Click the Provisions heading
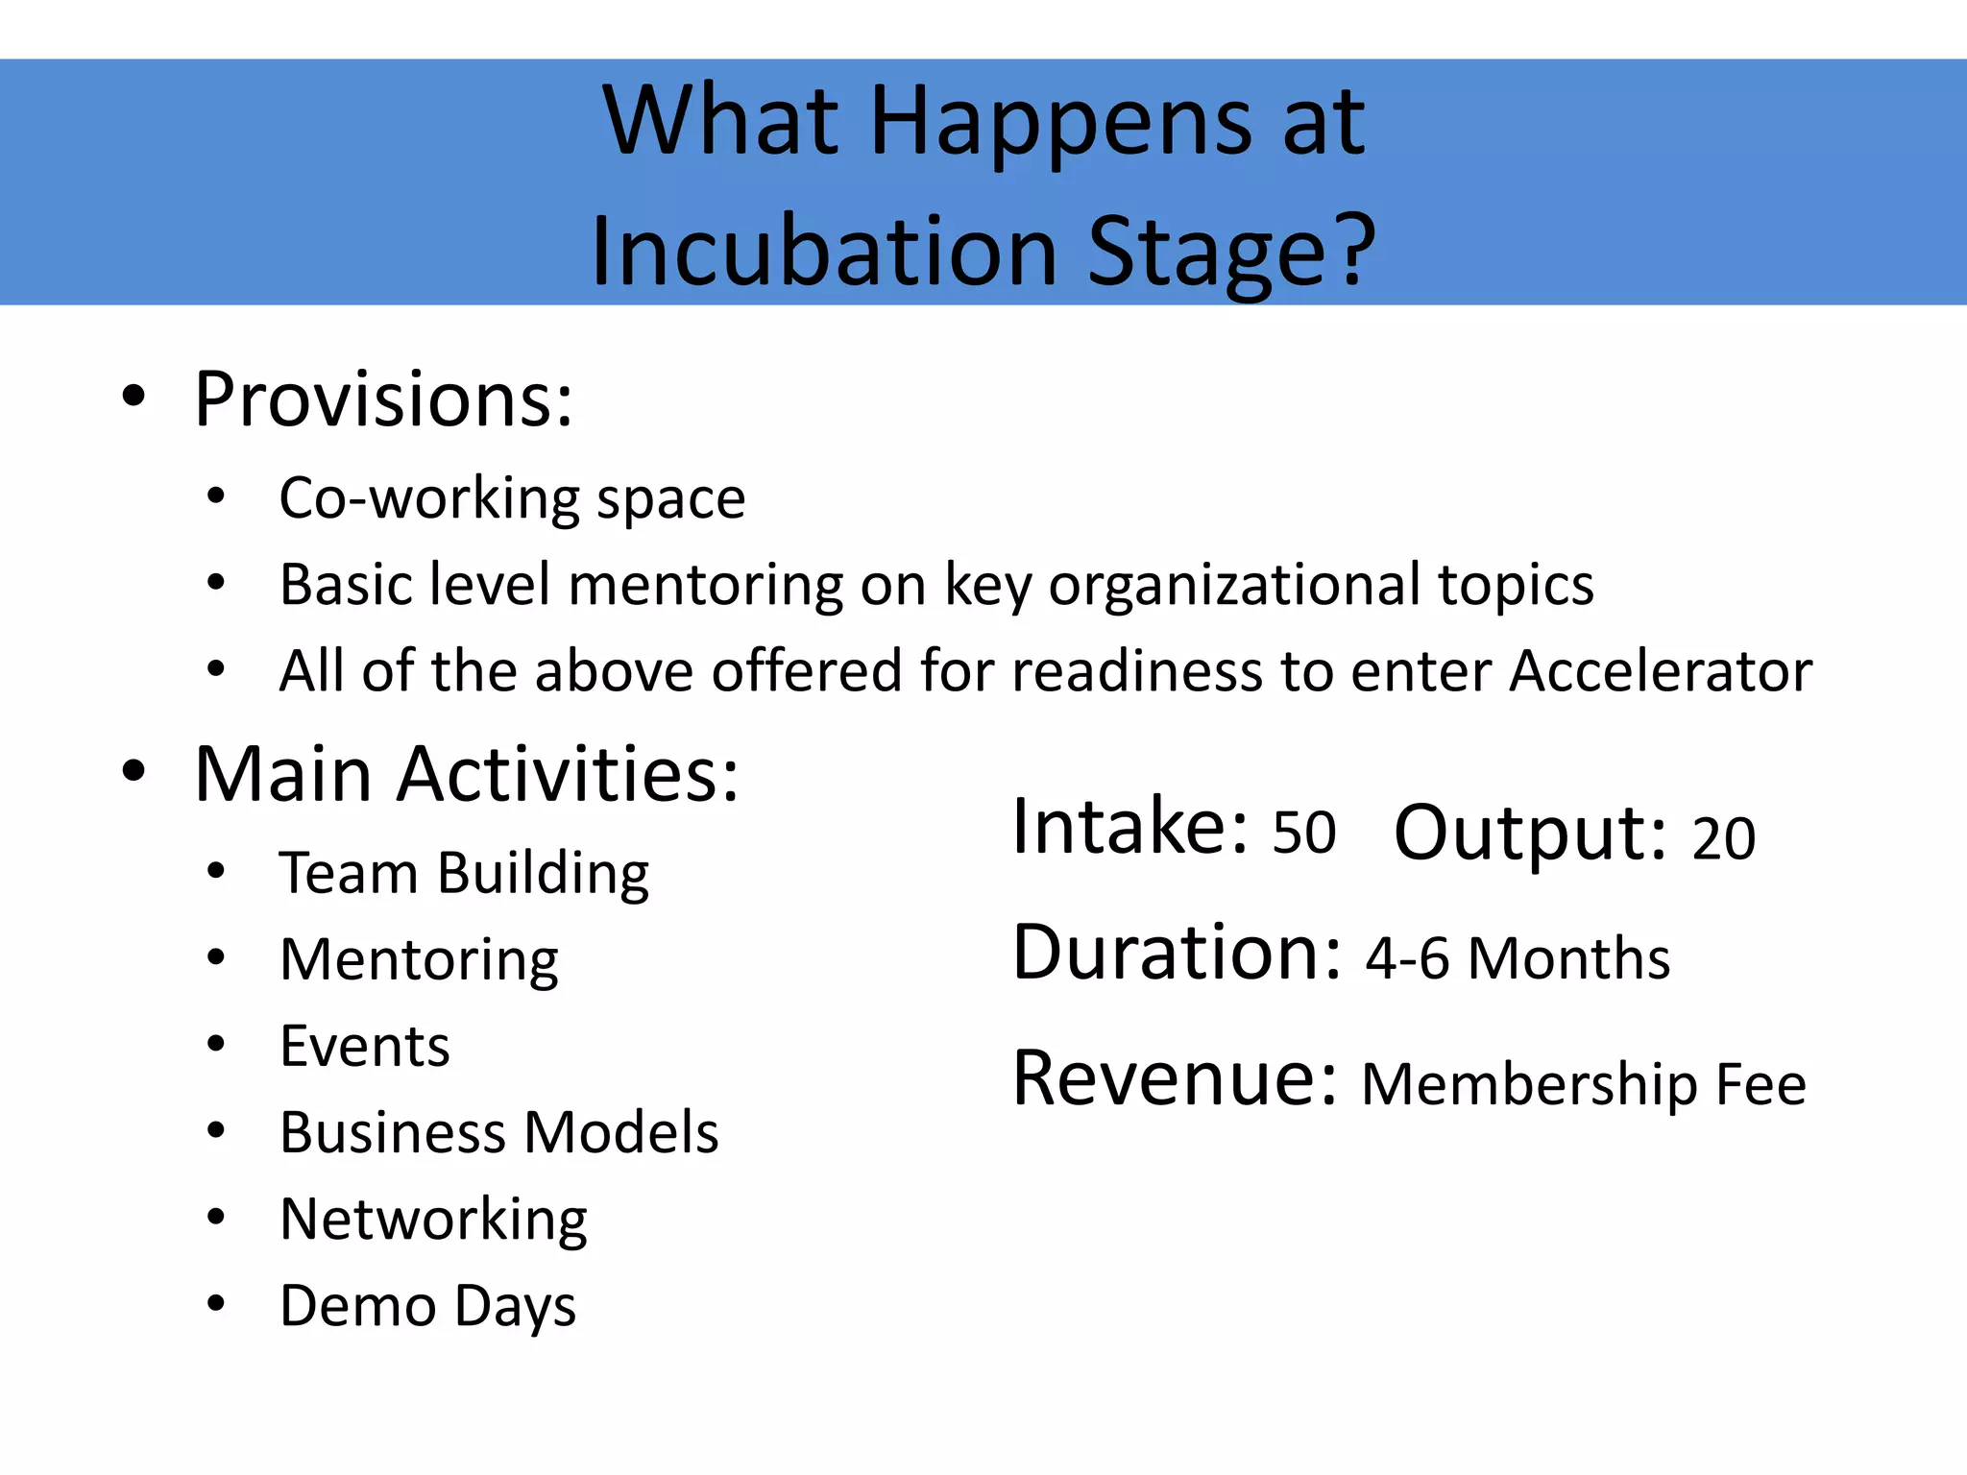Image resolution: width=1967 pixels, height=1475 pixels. [383, 399]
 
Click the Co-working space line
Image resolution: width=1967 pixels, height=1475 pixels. [512, 499]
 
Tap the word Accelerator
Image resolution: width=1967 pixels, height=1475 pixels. [1660, 670]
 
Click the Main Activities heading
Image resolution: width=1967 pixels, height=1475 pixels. [467, 774]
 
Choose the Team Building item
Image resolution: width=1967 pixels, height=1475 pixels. [464, 874]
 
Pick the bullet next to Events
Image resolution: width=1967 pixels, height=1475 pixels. [216, 1044]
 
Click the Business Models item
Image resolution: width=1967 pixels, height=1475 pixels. [498, 1132]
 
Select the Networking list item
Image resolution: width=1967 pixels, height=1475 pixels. [433, 1220]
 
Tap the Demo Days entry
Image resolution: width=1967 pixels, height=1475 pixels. [427, 1306]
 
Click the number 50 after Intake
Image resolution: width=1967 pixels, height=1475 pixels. [1303, 833]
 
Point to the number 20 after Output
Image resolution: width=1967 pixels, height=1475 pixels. [1723, 837]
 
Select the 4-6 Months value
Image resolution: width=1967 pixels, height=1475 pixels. [1518, 958]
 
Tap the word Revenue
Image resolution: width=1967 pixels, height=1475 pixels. [1174, 1079]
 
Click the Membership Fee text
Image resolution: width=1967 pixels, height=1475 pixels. [1583, 1085]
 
